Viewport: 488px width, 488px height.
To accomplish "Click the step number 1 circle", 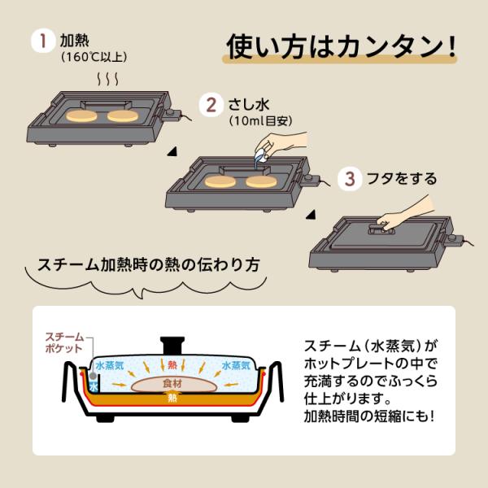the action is [41, 41].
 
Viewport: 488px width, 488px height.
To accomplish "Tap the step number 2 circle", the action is [211, 105].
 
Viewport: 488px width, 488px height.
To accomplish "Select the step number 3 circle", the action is [350, 179].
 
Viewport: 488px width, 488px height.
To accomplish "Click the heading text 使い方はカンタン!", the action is [341, 46].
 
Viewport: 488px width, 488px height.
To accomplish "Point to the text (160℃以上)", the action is [94, 57].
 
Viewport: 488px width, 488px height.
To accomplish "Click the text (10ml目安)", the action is [261, 120].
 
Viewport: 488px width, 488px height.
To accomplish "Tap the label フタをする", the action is [402, 179].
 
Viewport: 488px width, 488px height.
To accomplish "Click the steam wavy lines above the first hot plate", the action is [107, 79].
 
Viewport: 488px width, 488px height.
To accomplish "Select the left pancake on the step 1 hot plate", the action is [81, 116].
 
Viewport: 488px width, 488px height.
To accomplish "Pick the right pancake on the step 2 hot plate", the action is [261, 181].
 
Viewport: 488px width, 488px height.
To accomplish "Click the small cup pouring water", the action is [261, 155].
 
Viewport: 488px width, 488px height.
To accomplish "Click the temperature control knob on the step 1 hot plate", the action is [170, 112].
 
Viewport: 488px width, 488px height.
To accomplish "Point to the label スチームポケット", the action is [64, 342].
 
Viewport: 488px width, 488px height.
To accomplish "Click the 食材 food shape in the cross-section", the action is [173, 384].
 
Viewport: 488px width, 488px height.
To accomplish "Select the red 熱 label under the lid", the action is [172, 364].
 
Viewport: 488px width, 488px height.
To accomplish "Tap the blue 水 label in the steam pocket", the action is [94, 387].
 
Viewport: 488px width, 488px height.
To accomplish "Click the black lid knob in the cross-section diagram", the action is [172, 346].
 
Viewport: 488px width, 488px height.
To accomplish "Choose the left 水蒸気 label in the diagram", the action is [110, 365].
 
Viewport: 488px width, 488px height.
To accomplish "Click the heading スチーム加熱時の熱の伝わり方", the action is [149, 265].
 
